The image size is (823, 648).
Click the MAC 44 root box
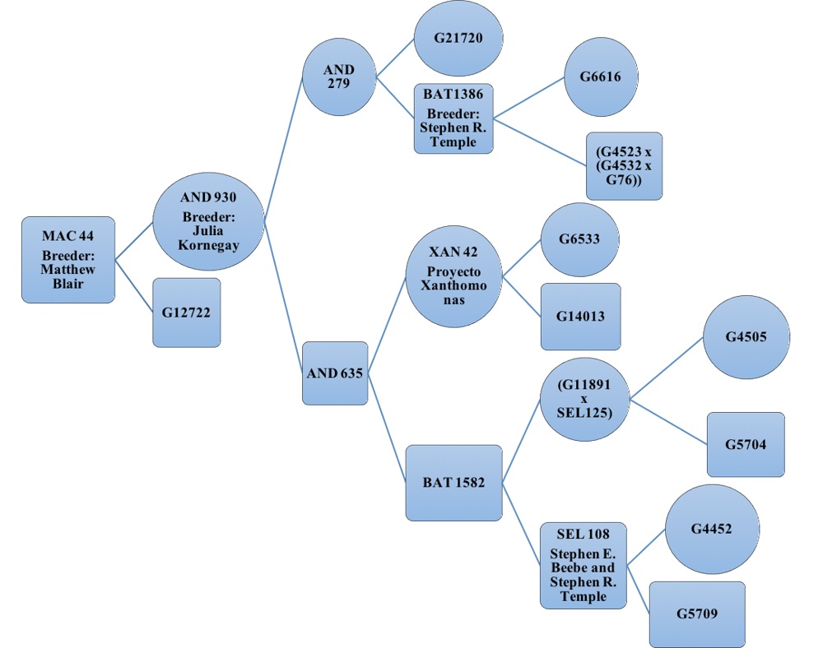coord(67,260)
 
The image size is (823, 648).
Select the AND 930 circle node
coord(207,220)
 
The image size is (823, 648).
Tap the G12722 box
coord(186,312)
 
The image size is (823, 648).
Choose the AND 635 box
coord(334,373)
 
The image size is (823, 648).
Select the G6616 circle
coord(598,77)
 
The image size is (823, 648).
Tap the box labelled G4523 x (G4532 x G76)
coord(624,165)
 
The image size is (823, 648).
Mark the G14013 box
coord(580,317)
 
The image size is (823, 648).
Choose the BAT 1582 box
coord(453,483)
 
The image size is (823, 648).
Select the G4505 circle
coord(746,337)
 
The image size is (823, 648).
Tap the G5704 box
coord(746,444)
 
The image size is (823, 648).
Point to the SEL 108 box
coord(582,565)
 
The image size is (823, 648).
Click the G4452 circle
coord(712,530)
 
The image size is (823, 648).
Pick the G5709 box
coord(696,614)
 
